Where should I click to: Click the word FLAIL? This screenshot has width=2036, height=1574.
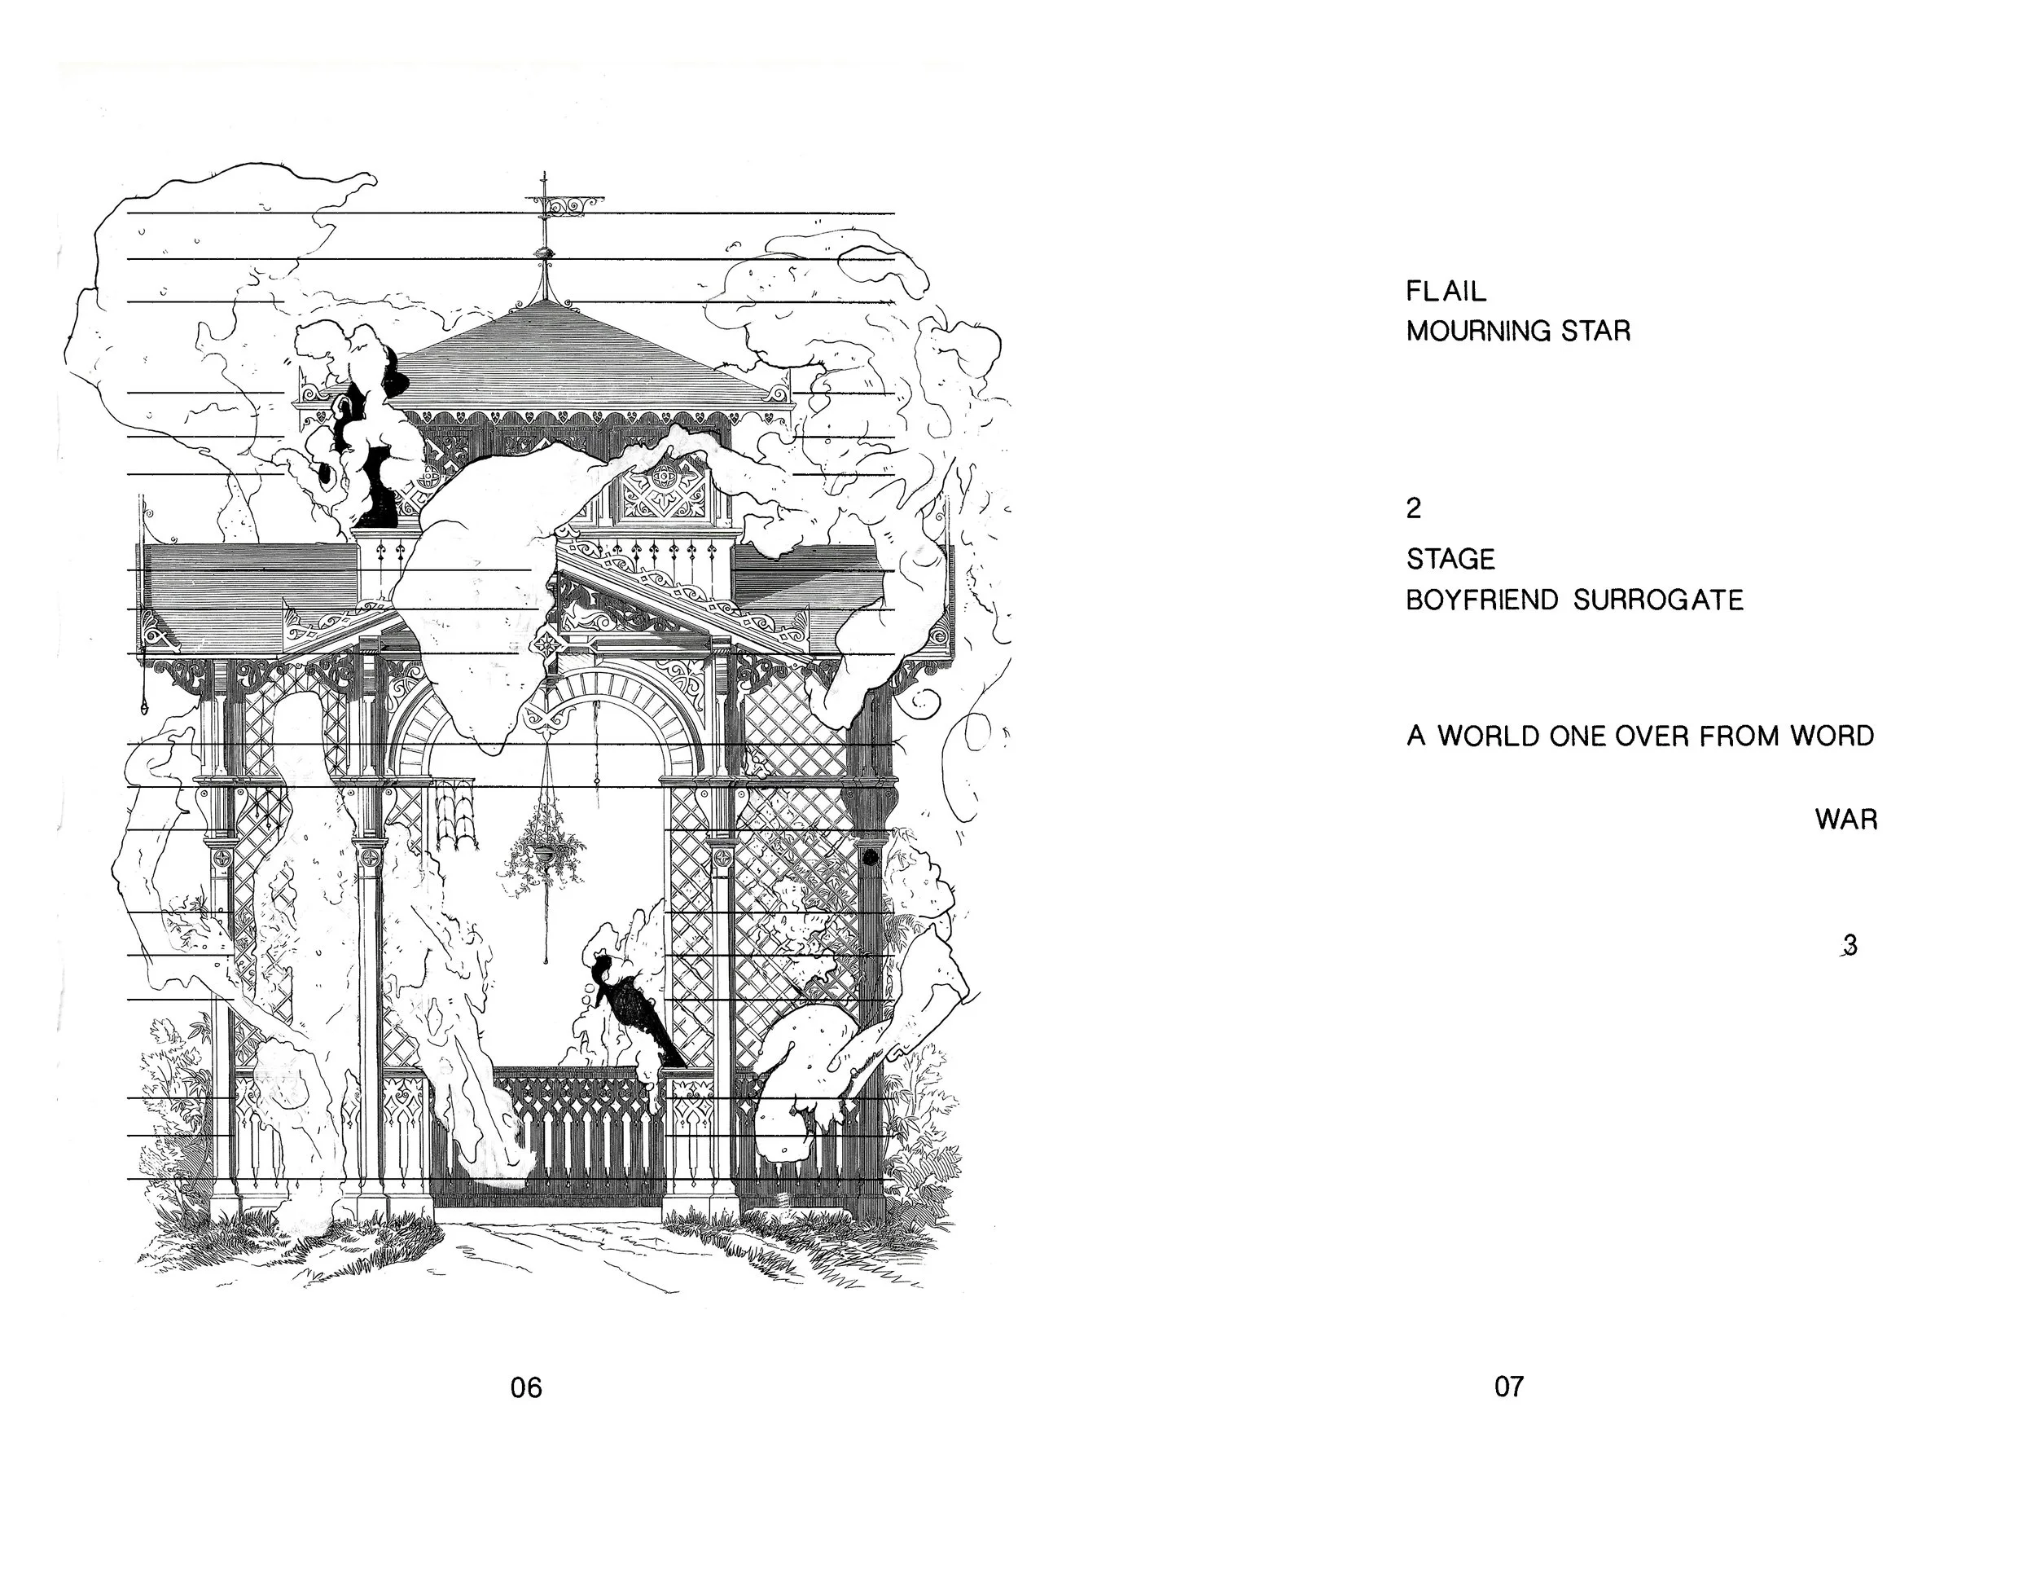coord(1446,292)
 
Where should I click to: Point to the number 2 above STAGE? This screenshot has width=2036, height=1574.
coord(1414,508)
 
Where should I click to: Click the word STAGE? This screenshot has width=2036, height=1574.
coord(1450,560)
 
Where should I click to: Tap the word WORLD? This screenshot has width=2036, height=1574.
coord(1489,736)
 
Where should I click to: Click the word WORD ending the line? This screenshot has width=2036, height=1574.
coord(1832,736)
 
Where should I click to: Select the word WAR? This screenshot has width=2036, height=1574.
coord(1845,820)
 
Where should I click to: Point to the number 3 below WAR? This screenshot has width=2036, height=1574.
coord(1850,946)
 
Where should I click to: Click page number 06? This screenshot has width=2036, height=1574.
coord(526,1388)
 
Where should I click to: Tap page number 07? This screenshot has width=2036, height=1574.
coord(1508,1387)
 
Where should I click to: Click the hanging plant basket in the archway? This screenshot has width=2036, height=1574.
coord(544,846)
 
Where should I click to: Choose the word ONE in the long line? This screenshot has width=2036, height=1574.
coord(1578,736)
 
